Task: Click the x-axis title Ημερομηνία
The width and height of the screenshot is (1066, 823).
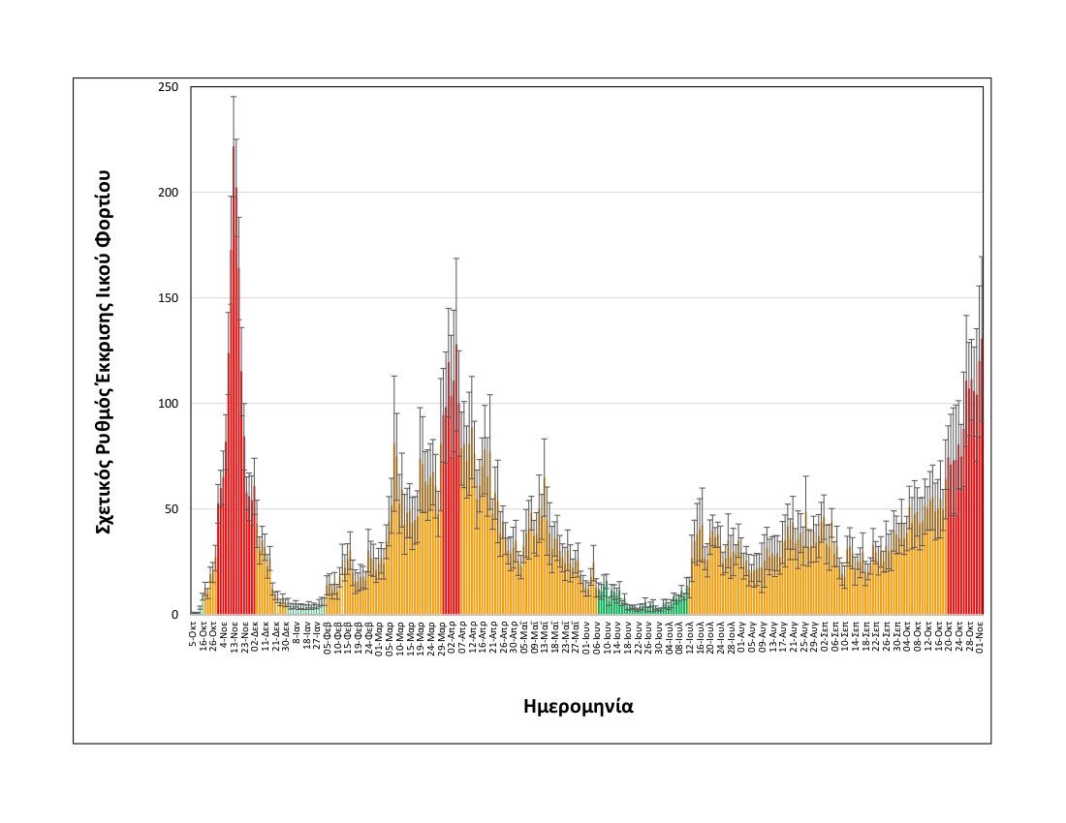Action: (x=578, y=705)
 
